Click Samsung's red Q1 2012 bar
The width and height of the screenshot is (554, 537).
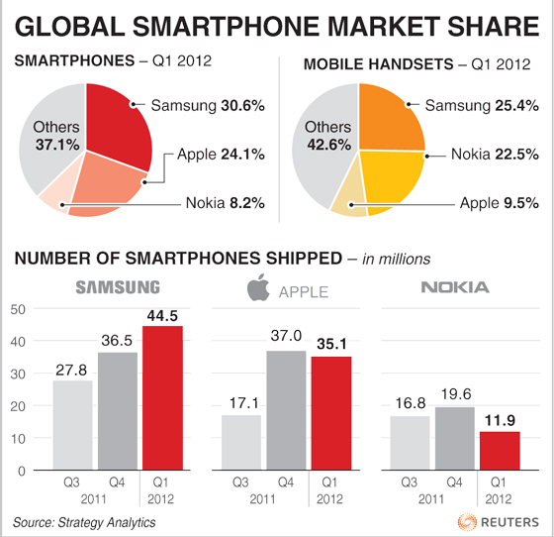click(x=162, y=398)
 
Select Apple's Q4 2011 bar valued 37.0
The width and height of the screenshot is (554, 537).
click(x=286, y=410)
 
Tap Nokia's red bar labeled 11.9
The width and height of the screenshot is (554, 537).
click(x=500, y=451)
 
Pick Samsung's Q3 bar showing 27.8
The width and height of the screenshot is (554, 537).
click(x=73, y=425)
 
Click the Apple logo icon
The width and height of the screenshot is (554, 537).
click(x=258, y=287)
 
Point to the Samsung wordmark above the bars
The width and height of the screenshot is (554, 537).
click(x=118, y=287)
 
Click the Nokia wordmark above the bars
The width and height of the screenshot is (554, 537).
click(x=455, y=287)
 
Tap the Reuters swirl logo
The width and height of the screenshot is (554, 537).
click(x=467, y=522)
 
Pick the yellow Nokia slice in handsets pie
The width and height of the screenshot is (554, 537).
click(x=392, y=178)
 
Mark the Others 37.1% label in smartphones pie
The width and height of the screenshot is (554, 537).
click(x=56, y=136)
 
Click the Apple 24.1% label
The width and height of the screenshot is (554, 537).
click(x=221, y=155)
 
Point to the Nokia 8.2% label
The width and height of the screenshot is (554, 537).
click(x=226, y=203)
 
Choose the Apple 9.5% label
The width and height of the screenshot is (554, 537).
click(x=500, y=203)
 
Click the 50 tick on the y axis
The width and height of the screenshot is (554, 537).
click(x=18, y=309)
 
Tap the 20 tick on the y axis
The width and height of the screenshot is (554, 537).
click(x=18, y=406)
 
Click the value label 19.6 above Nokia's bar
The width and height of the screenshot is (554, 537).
click(x=456, y=394)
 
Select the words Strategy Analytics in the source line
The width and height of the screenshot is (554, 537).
click(x=107, y=522)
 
